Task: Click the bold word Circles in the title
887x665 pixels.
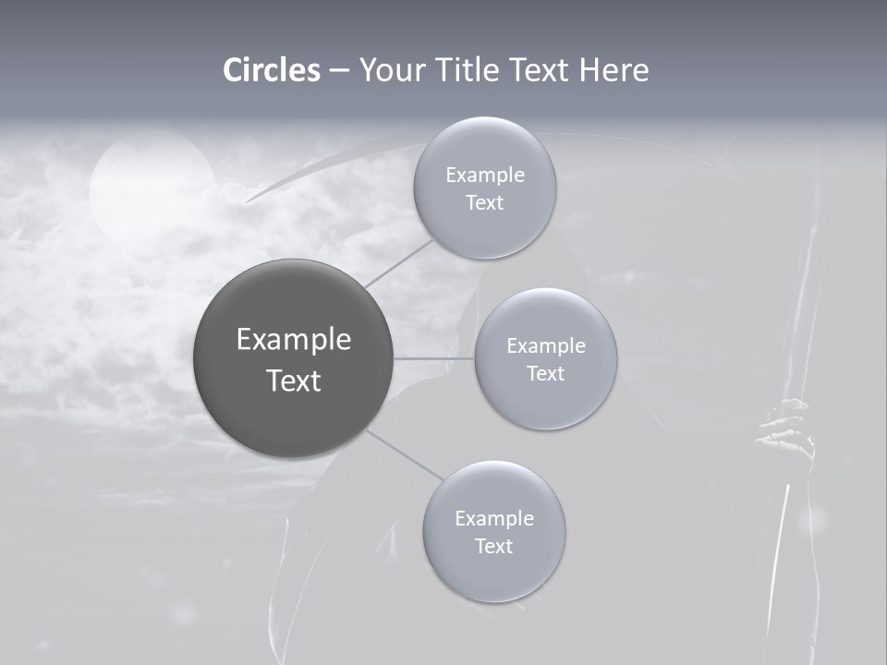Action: [272, 70]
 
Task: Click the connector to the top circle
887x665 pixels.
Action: [399, 262]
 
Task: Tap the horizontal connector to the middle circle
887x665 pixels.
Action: [434, 358]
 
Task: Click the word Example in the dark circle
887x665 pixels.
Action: [294, 340]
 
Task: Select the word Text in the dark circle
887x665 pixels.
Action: [294, 381]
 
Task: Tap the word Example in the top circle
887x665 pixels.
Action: [485, 175]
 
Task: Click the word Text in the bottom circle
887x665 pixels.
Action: [493, 546]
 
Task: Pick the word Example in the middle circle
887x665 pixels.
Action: [546, 346]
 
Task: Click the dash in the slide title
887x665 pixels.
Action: [339, 70]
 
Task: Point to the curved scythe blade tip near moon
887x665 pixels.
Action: [254, 197]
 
